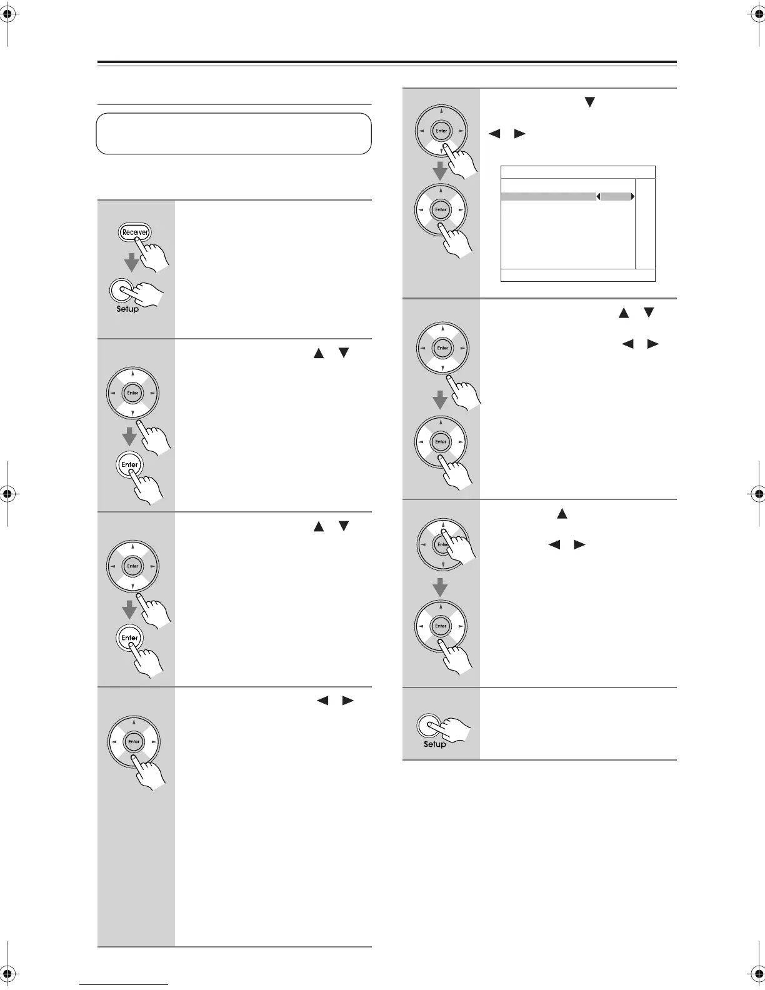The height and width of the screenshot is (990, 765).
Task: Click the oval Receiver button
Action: coord(135,232)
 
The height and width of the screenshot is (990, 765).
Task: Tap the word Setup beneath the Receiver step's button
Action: coord(127,309)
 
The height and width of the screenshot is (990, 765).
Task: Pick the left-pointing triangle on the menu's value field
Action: coord(598,196)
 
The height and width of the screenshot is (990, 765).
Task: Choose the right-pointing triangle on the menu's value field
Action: coord(633,196)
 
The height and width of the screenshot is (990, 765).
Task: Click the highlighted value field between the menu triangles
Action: coord(616,196)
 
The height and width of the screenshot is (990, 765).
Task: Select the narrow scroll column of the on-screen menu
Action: coord(645,224)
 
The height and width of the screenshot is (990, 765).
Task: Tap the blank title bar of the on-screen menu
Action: coord(578,172)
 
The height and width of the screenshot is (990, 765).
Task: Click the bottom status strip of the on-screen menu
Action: coord(578,275)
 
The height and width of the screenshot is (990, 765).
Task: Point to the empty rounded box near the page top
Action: coord(234,133)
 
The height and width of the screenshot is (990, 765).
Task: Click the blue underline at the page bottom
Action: coord(124,985)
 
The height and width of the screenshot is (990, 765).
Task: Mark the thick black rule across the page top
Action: coord(387,62)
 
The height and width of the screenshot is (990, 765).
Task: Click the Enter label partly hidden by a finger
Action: coord(442,544)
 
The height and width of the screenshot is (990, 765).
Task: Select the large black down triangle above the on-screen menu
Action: coord(588,102)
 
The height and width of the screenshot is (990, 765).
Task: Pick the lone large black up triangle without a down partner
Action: coord(561,514)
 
